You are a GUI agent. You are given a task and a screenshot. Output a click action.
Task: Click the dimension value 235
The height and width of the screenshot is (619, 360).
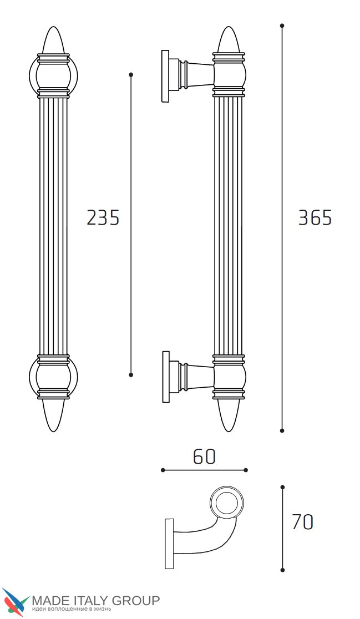pos(103,217)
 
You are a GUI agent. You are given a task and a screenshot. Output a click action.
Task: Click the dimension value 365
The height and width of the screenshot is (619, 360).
pos(315,217)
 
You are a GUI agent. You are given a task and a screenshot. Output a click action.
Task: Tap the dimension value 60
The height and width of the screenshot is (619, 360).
pos(205,456)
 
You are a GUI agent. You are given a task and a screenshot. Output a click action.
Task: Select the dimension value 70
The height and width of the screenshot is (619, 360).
pos(303,522)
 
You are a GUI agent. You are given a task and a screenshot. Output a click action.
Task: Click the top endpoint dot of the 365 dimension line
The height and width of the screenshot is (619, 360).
pos(282,26)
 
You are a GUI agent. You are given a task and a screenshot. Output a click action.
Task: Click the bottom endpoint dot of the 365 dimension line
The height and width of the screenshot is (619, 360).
pos(282,430)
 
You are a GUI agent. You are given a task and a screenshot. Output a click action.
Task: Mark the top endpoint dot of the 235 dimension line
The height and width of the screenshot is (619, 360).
pos(131,74)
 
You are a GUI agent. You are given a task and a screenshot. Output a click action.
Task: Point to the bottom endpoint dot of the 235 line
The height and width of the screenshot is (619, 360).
pos(131,374)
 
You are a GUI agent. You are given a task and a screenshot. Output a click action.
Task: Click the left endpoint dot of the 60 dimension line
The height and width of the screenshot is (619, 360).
pos(163,470)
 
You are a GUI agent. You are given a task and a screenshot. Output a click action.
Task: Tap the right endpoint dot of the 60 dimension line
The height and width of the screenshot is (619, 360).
pos(246,470)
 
